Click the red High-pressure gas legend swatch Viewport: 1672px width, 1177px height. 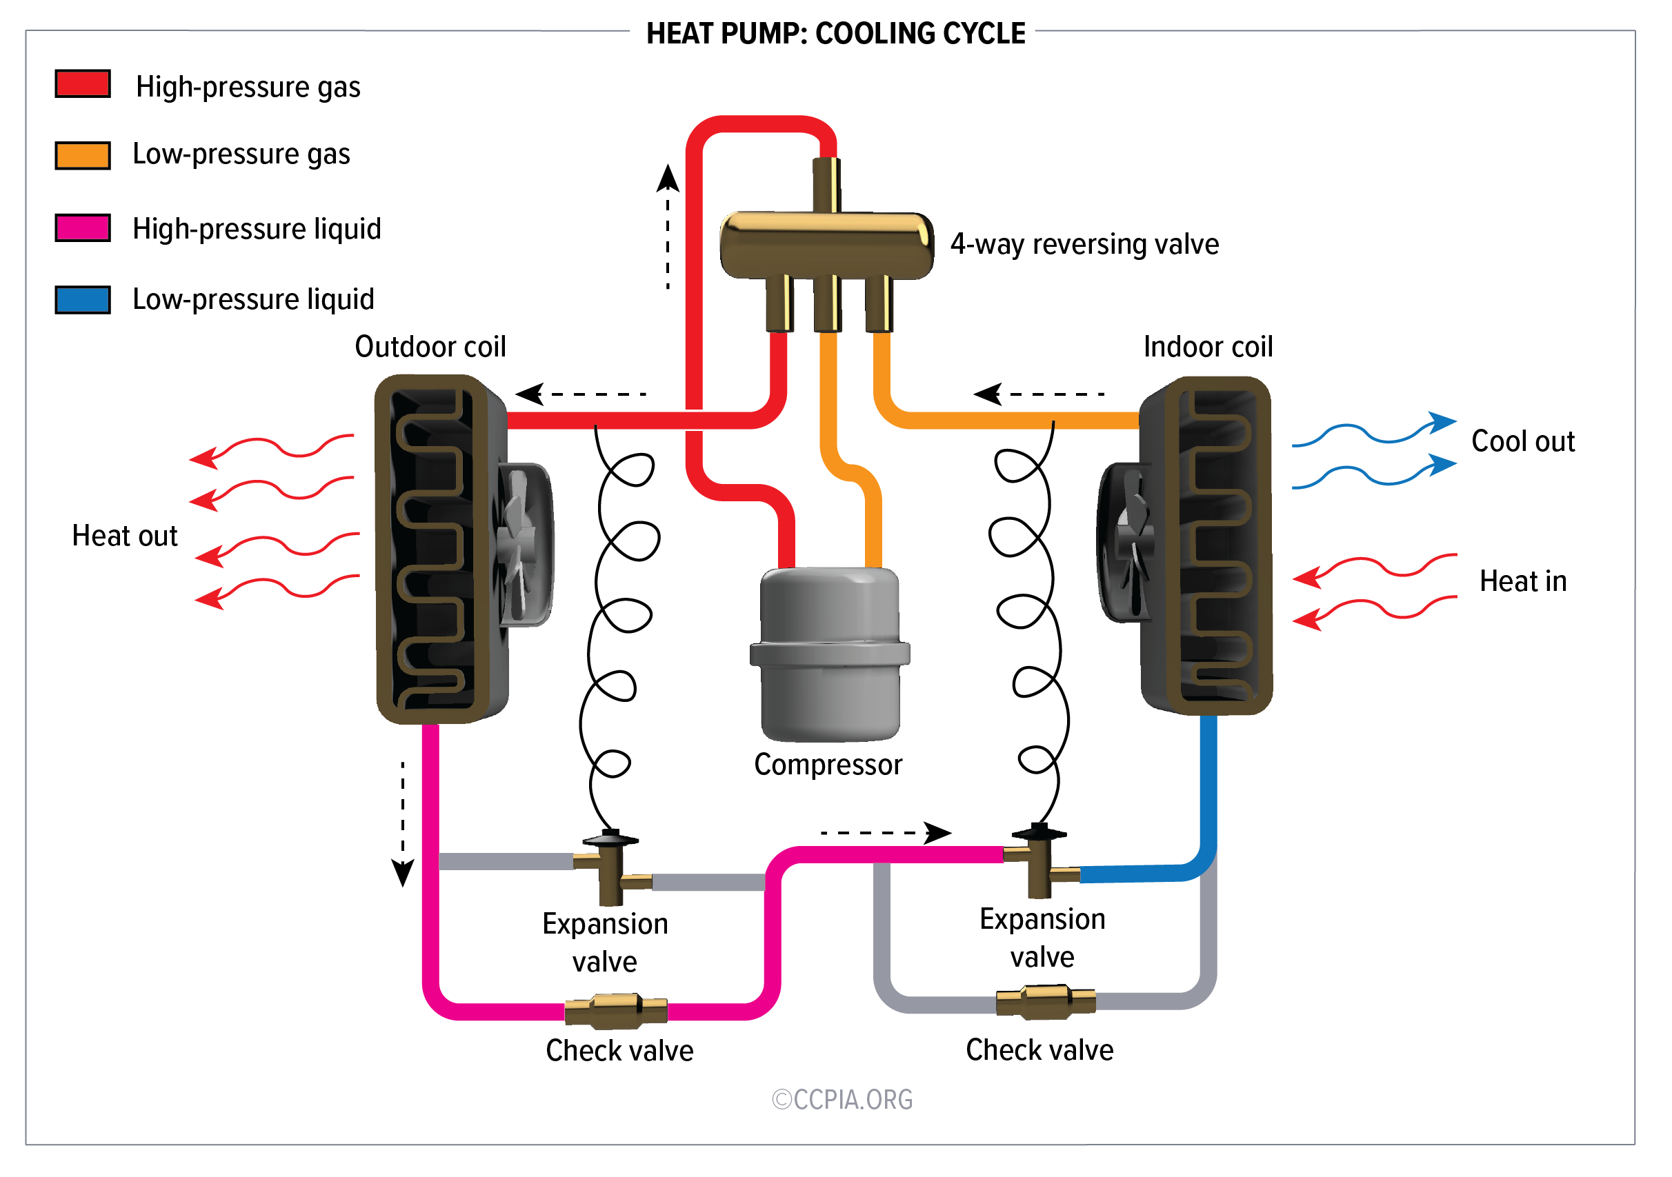(x=82, y=83)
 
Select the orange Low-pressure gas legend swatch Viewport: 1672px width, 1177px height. (x=82, y=155)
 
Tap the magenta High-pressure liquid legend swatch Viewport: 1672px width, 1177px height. (x=82, y=228)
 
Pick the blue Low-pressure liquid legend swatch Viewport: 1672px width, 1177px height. (x=82, y=299)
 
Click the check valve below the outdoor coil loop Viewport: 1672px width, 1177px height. (x=616, y=1011)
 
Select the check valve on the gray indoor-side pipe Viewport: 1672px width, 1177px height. (x=1046, y=1003)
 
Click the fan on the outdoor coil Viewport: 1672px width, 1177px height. (x=523, y=545)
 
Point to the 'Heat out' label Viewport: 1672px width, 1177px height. (x=125, y=536)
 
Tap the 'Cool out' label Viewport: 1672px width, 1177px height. (x=1523, y=441)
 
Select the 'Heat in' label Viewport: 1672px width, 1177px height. (x=1523, y=581)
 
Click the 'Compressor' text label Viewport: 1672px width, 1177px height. (x=828, y=764)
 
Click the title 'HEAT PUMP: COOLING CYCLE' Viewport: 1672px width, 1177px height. (x=835, y=34)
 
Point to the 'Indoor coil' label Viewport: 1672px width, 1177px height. (x=1207, y=346)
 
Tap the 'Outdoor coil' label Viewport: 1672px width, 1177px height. (x=430, y=346)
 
